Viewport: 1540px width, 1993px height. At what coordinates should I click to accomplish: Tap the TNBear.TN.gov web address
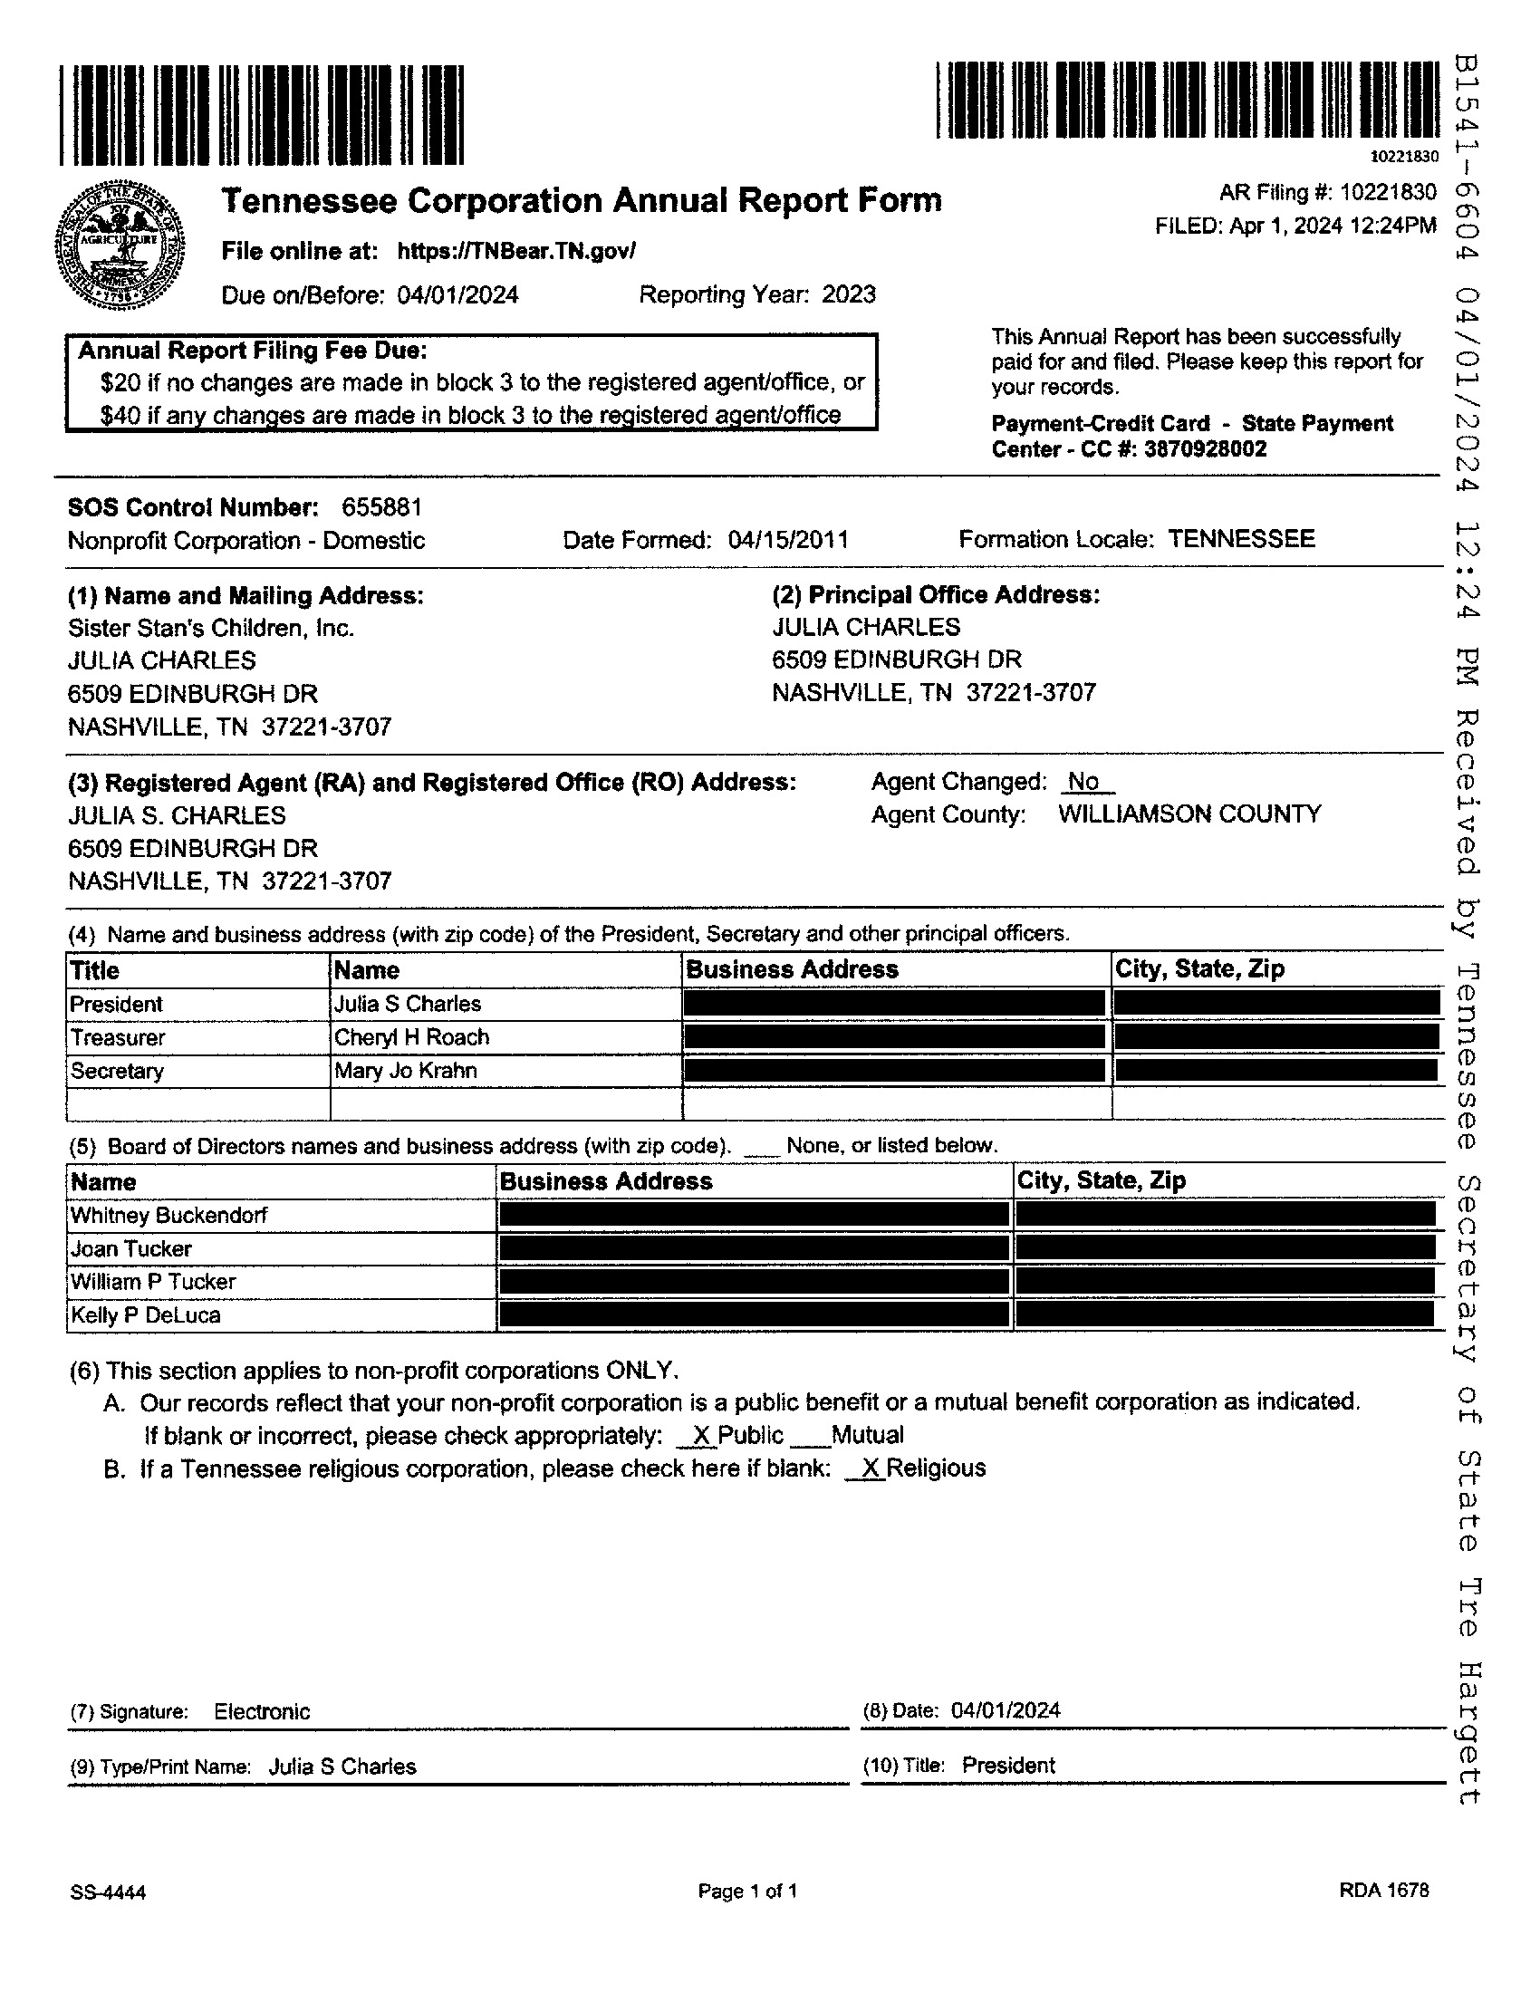pos(516,251)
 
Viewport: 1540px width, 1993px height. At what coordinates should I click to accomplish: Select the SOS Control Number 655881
pos(381,507)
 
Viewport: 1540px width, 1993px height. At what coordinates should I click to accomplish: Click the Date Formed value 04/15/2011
pos(788,540)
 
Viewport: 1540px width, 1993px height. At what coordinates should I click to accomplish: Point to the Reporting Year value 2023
pos(849,294)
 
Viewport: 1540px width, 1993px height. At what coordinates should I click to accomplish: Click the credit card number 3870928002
pos(1204,449)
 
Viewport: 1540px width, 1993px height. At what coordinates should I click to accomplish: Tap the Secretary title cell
pos(117,1072)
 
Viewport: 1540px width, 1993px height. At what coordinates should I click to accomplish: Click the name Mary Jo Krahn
pos(405,1071)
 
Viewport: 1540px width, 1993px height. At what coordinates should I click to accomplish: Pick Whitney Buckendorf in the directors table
pos(168,1216)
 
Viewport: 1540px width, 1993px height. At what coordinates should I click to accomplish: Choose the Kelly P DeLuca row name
pos(146,1315)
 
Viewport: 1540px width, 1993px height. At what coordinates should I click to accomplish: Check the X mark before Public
pos(700,1436)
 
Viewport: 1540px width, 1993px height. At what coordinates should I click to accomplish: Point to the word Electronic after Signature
pos(262,1712)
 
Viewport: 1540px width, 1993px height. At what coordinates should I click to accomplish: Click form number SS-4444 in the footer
pos(108,1892)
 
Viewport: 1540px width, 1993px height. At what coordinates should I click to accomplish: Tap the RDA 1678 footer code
pos(1383,1891)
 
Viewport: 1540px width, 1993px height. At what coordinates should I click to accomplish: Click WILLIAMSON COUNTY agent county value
pos(1189,814)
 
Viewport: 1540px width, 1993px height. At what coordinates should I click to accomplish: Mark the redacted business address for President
pos(894,1004)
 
